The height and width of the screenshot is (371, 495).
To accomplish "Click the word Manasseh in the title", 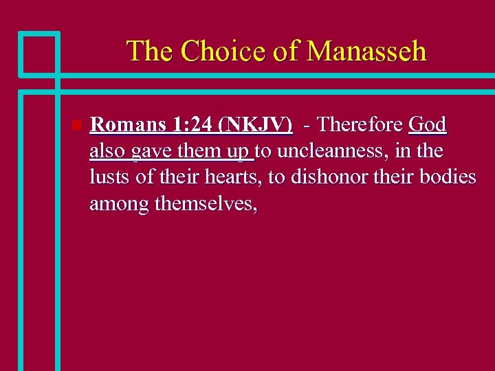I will (x=366, y=52).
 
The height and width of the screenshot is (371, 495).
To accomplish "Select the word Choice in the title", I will (x=217, y=52).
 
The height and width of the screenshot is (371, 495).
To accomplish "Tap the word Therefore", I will (x=360, y=125).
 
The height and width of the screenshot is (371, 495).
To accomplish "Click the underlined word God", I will (x=428, y=125).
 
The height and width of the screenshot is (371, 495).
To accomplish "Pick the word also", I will (x=107, y=151).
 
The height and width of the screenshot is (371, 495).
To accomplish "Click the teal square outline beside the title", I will (x=39, y=53).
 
